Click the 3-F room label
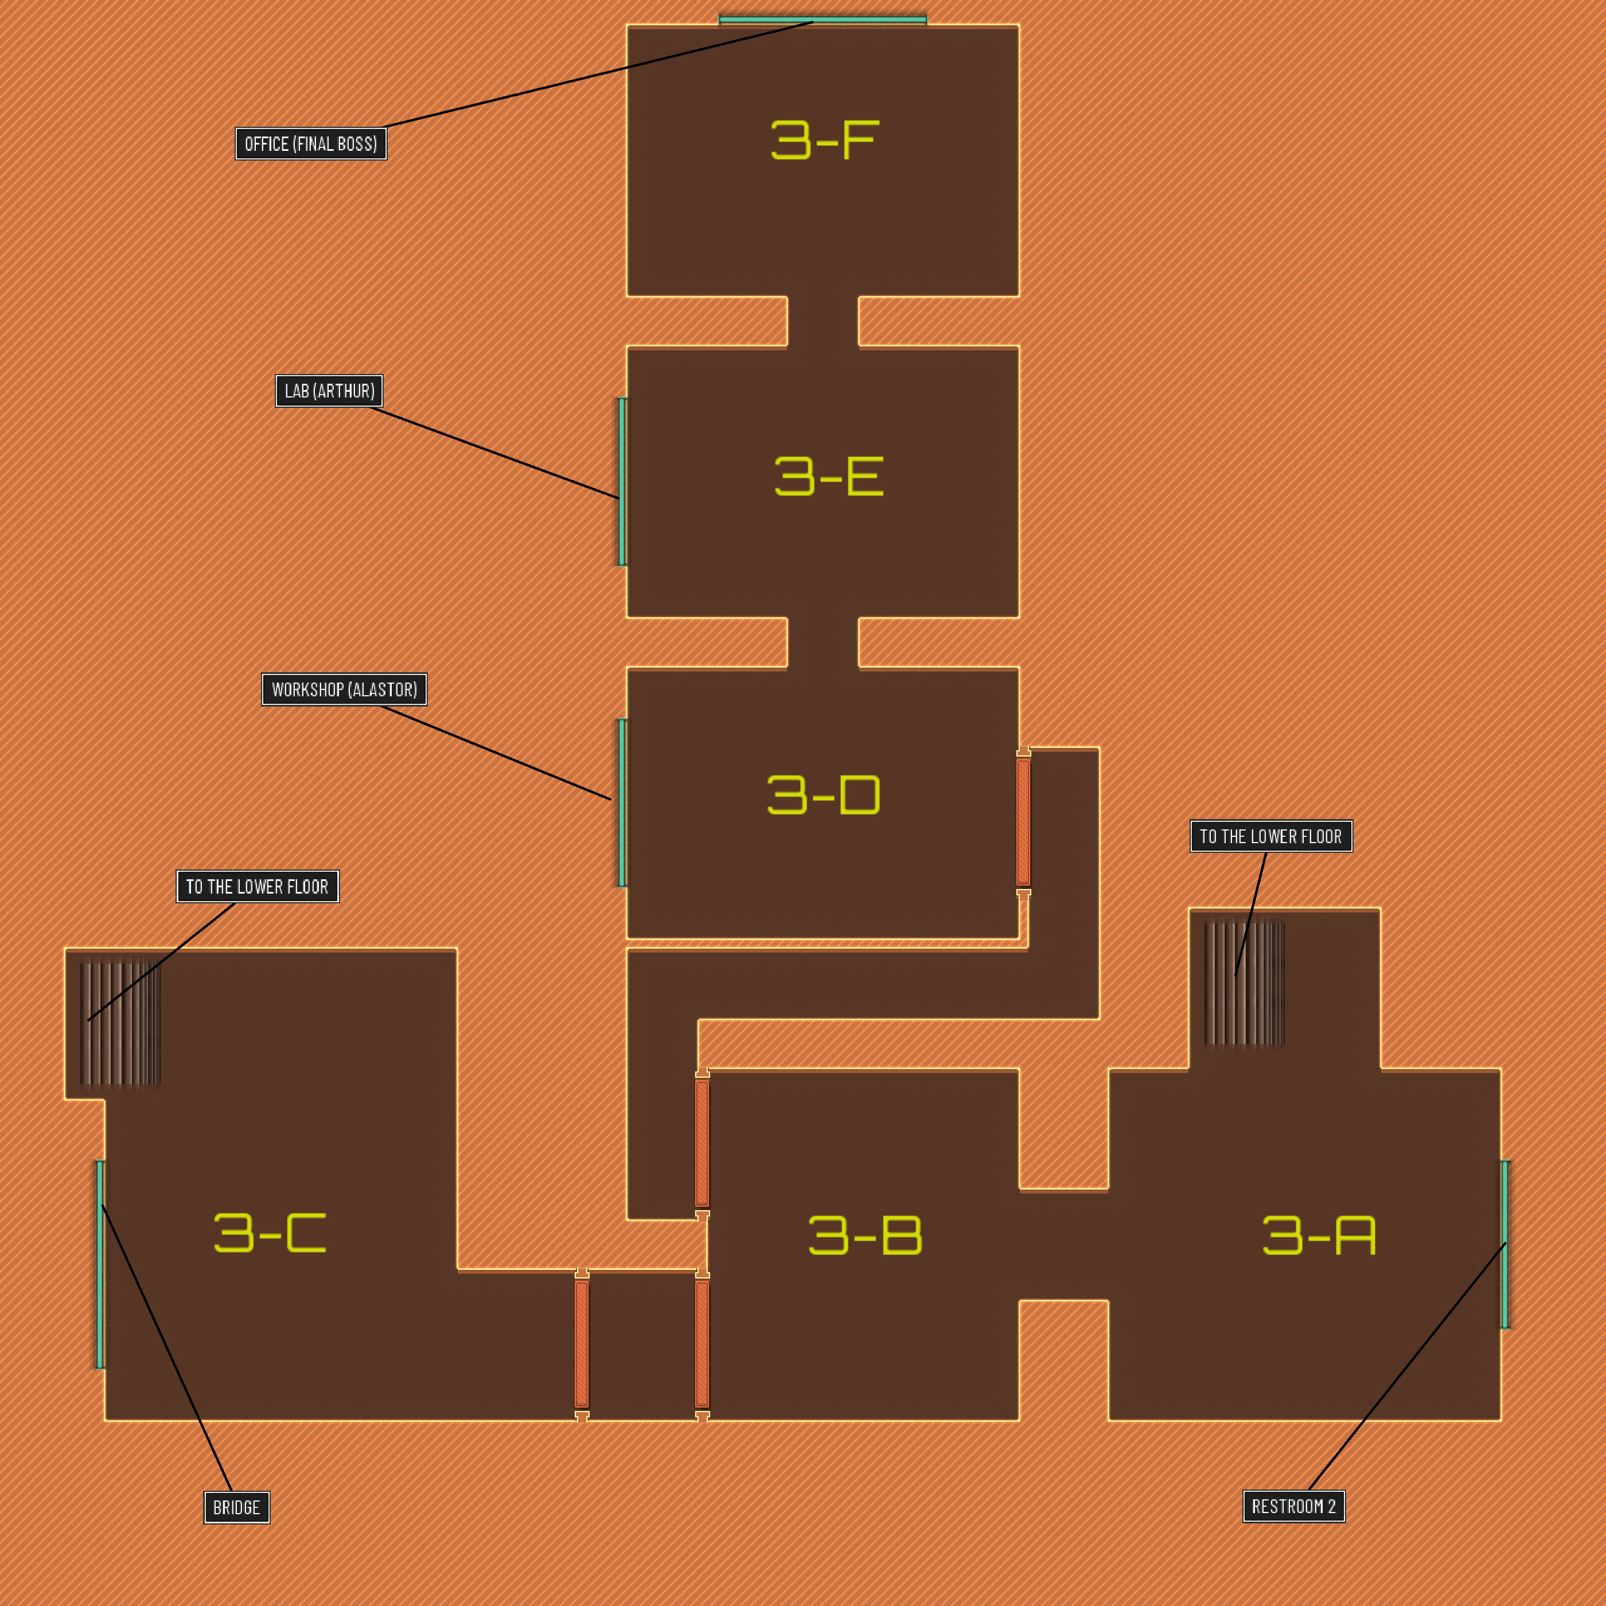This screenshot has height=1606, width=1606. tap(823, 139)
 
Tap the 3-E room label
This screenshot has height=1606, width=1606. tap(828, 476)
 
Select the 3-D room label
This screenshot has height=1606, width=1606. tap(823, 795)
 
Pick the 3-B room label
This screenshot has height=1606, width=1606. tap(864, 1235)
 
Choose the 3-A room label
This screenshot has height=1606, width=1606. tap(1319, 1235)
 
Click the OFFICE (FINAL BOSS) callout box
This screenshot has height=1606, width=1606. tap(311, 144)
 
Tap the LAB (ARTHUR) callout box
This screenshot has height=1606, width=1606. tap(329, 391)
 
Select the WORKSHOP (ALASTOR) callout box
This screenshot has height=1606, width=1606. tap(344, 689)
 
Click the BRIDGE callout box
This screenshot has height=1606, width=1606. tap(237, 1507)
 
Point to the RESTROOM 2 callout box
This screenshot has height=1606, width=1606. tap(1293, 1506)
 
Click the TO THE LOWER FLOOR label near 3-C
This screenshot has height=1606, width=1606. tap(258, 887)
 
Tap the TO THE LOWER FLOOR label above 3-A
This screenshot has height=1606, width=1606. tap(1271, 836)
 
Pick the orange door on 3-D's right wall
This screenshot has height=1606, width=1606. tap(1023, 821)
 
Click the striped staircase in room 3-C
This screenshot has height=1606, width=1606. tap(120, 1023)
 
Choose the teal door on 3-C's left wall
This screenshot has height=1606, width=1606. tap(100, 1264)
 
